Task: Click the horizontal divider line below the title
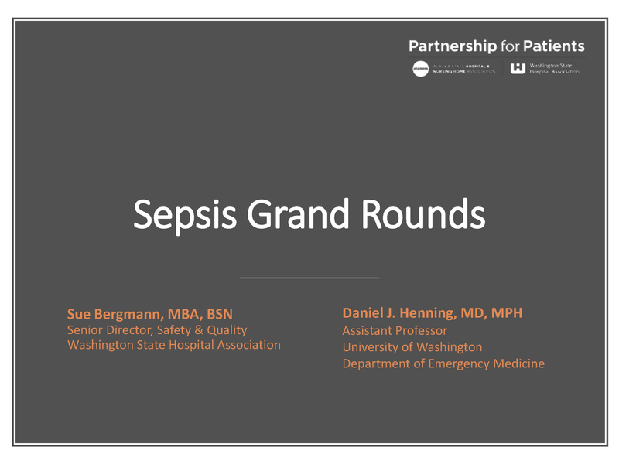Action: pos(309,277)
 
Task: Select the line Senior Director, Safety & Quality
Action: pos(157,330)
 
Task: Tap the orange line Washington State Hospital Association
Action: pos(174,345)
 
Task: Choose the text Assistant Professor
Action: pos(395,331)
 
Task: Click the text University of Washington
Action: pos(412,347)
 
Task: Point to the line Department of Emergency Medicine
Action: pos(443,363)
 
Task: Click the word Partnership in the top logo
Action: pos(453,46)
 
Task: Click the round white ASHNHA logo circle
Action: pos(420,69)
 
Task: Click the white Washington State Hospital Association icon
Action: pos(518,68)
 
